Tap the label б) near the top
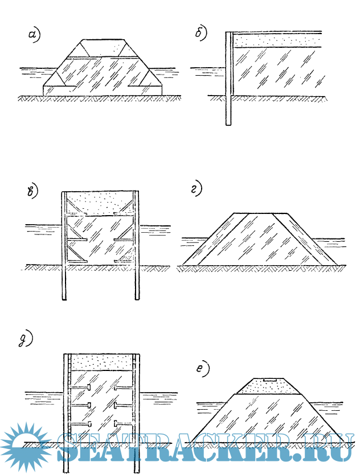click(x=201, y=35)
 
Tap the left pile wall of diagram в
click(x=63, y=245)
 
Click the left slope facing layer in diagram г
click(x=214, y=239)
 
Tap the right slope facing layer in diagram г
click(x=308, y=239)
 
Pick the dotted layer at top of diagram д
click(x=100, y=361)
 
